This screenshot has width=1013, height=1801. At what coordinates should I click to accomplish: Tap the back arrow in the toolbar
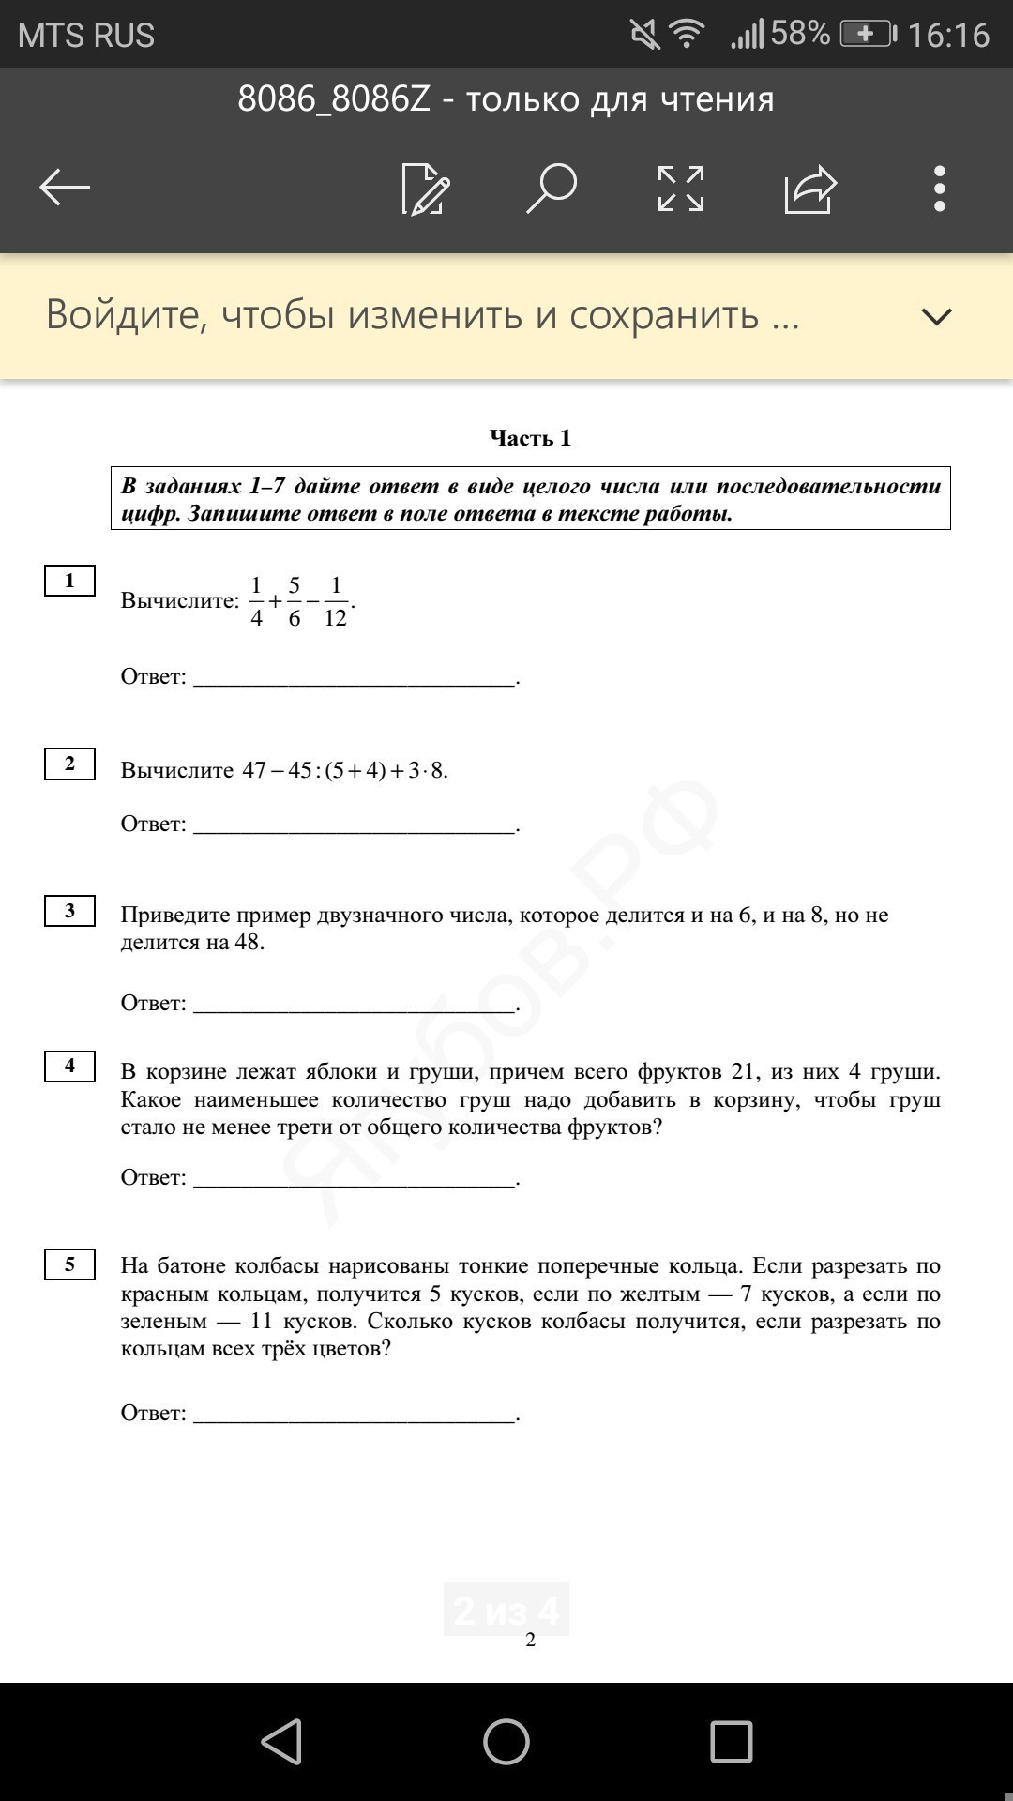click(x=65, y=188)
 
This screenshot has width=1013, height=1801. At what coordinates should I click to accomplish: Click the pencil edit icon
click(x=425, y=189)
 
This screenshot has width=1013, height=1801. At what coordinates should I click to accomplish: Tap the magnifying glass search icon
click(x=552, y=188)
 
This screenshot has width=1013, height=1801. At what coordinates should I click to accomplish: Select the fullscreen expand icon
click(x=681, y=189)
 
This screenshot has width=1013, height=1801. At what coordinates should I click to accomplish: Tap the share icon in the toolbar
click(x=810, y=189)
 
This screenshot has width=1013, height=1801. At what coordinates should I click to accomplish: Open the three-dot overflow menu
click(x=939, y=189)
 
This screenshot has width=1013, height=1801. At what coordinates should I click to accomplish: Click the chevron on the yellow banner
click(x=936, y=316)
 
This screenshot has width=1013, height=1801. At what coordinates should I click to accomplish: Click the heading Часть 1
click(x=530, y=438)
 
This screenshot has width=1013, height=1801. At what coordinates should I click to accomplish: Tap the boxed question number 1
click(x=69, y=581)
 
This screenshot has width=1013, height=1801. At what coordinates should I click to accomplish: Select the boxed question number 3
click(x=69, y=911)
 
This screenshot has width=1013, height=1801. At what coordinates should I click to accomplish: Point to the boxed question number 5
click(x=69, y=1264)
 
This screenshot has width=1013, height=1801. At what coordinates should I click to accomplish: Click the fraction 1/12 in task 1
click(x=336, y=602)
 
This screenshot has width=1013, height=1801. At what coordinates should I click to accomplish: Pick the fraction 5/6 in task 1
click(x=294, y=602)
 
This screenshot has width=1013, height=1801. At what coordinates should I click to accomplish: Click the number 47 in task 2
click(x=254, y=770)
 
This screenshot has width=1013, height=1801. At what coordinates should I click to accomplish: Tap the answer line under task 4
click(x=355, y=1180)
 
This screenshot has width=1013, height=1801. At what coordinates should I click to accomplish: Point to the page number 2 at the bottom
click(x=530, y=1640)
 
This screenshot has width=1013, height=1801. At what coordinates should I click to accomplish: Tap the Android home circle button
click(x=506, y=1742)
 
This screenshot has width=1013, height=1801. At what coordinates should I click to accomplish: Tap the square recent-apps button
click(x=732, y=1742)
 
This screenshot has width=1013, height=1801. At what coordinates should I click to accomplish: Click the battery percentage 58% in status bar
click(x=800, y=35)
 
